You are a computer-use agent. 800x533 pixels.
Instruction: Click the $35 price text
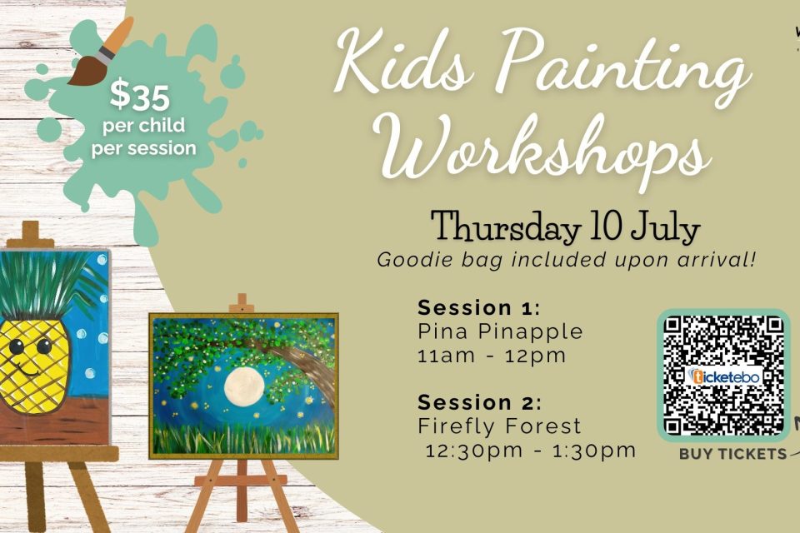pyautogui.click(x=139, y=96)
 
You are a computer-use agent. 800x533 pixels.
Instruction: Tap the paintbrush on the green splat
pyautogui.click(x=101, y=51)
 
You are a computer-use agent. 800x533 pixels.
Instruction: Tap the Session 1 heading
pyautogui.click(x=478, y=308)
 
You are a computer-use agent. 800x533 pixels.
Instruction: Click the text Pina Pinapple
pyautogui.click(x=500, y=332)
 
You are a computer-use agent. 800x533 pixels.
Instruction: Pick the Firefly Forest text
pyautogui.click(x=499, y=426)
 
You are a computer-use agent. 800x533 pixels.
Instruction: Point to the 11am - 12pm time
pyautogui.click(x=492, y=356)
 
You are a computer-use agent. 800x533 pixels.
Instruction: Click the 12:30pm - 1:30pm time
pyautogui.click(x=531, y=451)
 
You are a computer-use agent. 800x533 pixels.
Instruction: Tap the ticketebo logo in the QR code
pyautogui.click(x=724, y=377)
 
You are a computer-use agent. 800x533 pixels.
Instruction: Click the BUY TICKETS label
pyautogui.click(x=732, y=454)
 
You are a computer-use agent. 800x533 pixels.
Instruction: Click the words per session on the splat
pyautogui.click(x=143, y=148)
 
